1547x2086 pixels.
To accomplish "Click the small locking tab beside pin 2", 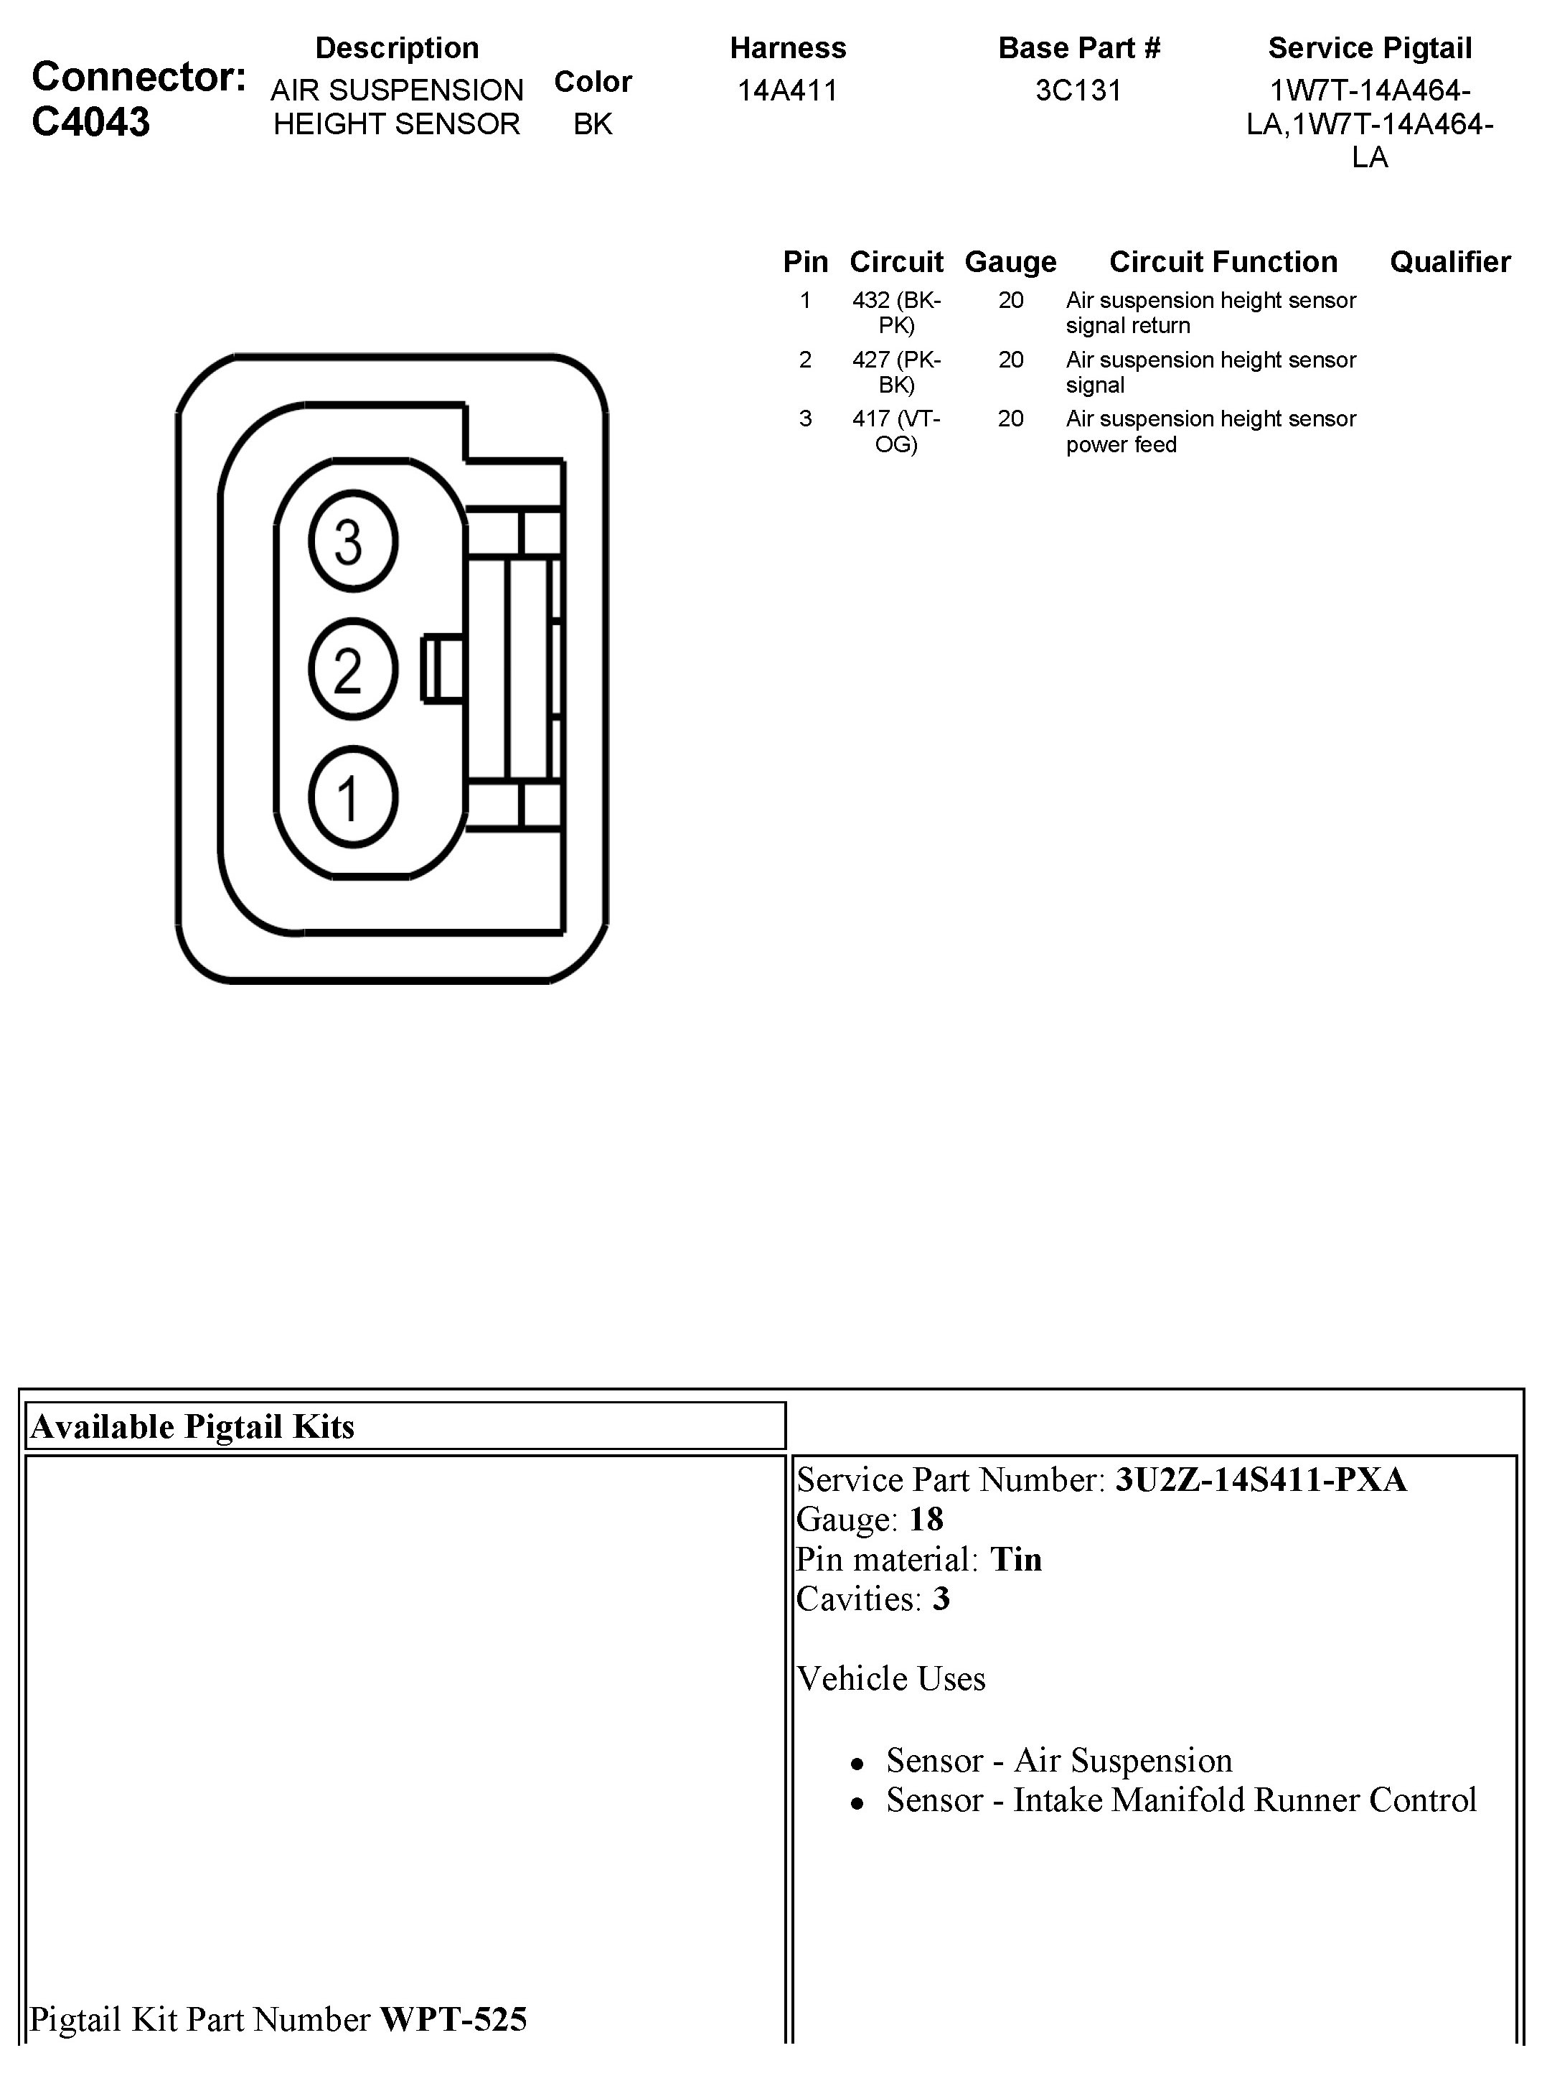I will coord(442,669).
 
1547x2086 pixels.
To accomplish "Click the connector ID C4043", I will coord(91,123).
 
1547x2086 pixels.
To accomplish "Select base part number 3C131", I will coord(1078,91).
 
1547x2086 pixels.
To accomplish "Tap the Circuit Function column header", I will coord(1223,262).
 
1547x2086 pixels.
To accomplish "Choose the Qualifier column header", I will coord(1449,262).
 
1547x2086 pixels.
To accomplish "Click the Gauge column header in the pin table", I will coord(1010,262).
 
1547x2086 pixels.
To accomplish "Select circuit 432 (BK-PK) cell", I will coord(896,313).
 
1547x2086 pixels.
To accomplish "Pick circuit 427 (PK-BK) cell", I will coord(896,372).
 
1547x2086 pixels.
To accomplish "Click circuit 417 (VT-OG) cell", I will coord(896,431).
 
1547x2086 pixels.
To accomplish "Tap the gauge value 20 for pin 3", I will coord(1010,418).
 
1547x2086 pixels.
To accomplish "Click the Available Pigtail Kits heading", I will coord(193,1426).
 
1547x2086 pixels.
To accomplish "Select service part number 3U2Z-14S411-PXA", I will coord(1261,1480).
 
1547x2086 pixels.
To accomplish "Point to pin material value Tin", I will coord(1016,1560).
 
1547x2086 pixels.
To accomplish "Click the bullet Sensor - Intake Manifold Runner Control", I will coord(1181,1800).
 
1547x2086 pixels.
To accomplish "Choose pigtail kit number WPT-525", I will coord(453,2019).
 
